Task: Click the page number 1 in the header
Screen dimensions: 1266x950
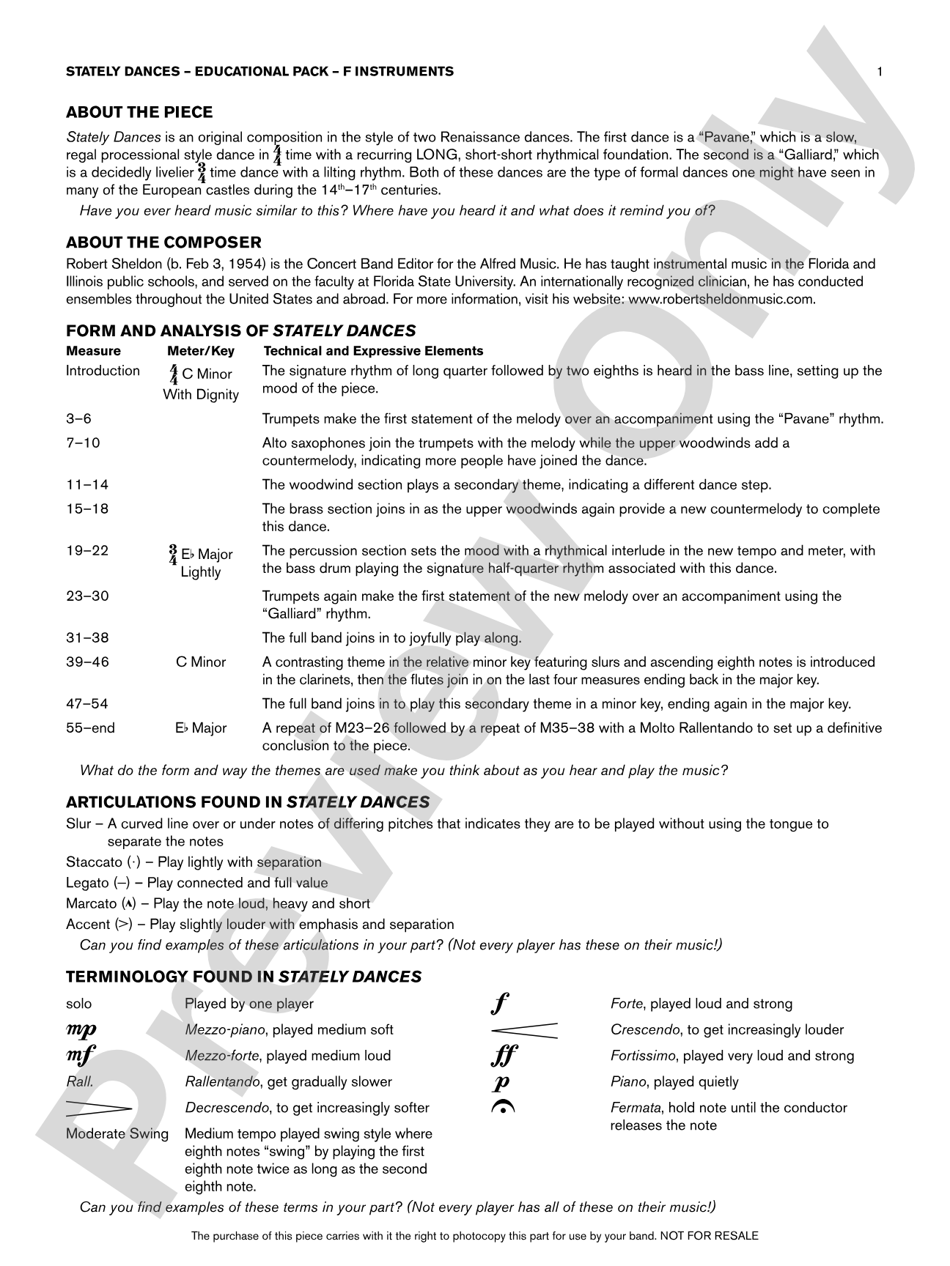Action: click(x=880, y=71)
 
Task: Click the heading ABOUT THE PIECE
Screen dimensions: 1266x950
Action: click(x=139, y=112)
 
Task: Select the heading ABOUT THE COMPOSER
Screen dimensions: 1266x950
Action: click(x=163, y=243)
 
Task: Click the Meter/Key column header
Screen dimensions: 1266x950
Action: click(x=201, y=351)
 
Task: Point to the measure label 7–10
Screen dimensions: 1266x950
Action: click(x=83, y=443)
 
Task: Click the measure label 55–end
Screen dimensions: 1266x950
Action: click(x=90, y=728)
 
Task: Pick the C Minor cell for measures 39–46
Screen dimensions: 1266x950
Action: click(x=201, y=662)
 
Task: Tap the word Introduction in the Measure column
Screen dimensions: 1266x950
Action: click(x=103, y=371)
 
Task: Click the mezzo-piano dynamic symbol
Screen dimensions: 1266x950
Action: click(x=81, y=1030)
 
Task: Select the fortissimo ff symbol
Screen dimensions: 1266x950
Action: click(x=504, y=1056)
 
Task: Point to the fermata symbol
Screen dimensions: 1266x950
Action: click(x=503, y=1108)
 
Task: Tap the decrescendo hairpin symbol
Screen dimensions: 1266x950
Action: click(x=98, y=1108)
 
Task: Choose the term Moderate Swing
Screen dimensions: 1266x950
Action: click(x=117, y=1134)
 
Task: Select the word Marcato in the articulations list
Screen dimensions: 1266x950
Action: click(x=91, y=903)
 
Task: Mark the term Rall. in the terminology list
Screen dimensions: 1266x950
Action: click(x=79, y=1081)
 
